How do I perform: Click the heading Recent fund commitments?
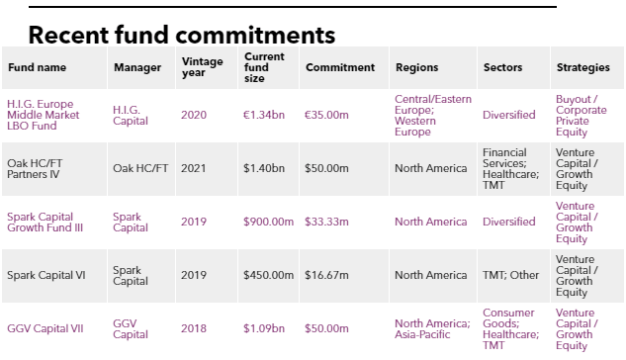pos(182,35)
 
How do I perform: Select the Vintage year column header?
pos(203,67)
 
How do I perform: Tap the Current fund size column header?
pos(264,67)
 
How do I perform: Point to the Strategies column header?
pos(582,67)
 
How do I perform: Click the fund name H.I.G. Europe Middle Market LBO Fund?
pos(44,115)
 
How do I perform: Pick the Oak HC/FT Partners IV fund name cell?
pos(35,168)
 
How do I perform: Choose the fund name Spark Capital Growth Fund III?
pos(45,222)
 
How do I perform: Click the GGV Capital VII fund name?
pos(45,328)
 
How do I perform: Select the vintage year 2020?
pos(194,115)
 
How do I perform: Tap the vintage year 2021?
pos(194,168)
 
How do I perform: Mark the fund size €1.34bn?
pos(264,115)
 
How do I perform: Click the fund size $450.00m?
pos(268,275)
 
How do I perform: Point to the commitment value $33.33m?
pos(326,222)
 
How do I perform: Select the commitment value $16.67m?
pos(326,275)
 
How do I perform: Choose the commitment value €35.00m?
pos(326,115)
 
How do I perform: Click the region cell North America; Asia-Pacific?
pos(432,328)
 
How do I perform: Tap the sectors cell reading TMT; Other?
pos(510,275)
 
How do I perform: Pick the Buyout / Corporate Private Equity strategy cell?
pos(581,116)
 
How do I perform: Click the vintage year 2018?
pos(194,328)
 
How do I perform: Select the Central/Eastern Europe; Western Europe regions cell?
pos(433,116)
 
